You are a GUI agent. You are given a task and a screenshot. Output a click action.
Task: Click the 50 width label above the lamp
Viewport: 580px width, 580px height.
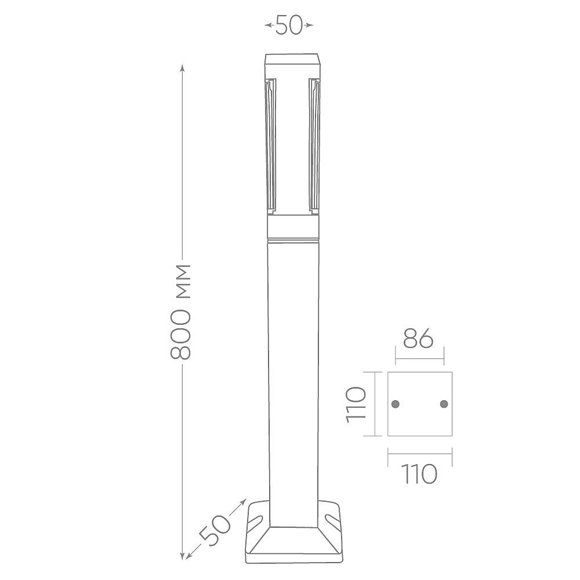(x=289, y=25)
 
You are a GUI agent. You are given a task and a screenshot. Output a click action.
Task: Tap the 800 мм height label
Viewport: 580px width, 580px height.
(x=180, y=311)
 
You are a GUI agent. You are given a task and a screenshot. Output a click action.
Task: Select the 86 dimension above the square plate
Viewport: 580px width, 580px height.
(x=418, y=338)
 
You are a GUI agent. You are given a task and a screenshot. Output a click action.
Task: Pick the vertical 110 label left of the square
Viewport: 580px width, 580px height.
(x=356, y=404)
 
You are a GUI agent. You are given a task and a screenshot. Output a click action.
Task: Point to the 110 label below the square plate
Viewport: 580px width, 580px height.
(x=419, y=474)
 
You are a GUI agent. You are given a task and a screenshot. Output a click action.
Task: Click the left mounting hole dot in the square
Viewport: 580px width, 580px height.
(x=396, y=404)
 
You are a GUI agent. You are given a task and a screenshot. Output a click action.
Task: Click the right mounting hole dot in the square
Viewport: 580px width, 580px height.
(x=444, y=404)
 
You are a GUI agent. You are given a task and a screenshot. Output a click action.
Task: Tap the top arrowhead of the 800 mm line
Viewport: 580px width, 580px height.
(x=182, y=67)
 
